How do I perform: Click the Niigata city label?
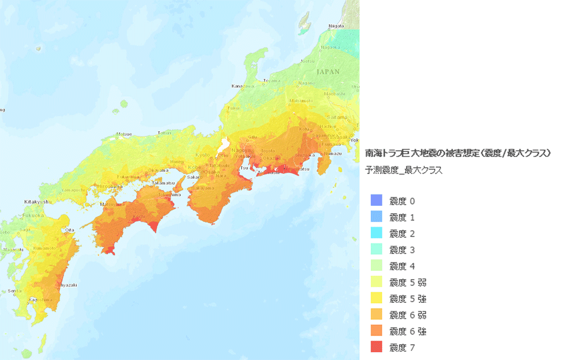pyautogui.click(x=335, y=26)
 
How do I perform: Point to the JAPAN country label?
pyautogui.click(x=328, y=72)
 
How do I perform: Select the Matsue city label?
pyautogui.click(x=124, y=134)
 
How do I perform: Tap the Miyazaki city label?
pyautogui.click(x=67, y=285)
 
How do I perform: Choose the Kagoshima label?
pyautogui.click(x=40, y=300)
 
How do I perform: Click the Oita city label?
pyautogui.click(x=70, y=229)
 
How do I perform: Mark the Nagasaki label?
pyautogui.click(x=13, y=249)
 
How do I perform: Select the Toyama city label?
pyautogui.click(x=272, y=80)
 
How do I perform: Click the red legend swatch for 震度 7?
pyautogui.click(x=376, y=347)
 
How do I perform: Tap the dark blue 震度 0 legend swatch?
pyautogui.click(x=376, y=200)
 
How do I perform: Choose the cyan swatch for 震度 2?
pyautogui.click(x=376, y=233)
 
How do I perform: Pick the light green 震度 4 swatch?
pyautogui.click(x=376, y=265)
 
